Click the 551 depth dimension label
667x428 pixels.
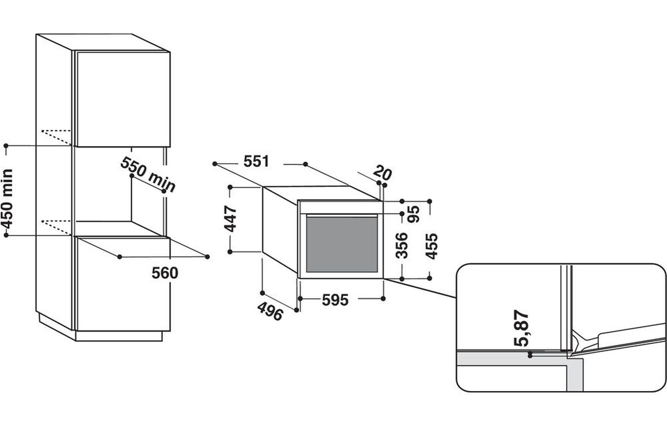click(256, 162)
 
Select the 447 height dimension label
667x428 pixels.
click(231, 219)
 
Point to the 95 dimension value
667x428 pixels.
click(414, 214)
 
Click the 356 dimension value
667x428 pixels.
click(403, 245)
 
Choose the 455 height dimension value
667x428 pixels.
click(431, 246)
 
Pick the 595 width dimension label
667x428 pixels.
click(335, 300)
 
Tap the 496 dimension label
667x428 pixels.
click(270, 311)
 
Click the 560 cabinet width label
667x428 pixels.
click(165, 273)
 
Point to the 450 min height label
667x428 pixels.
click(7, 196)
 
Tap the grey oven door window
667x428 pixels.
click(341, 244)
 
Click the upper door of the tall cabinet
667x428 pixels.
click(122, 98)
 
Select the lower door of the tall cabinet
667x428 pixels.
click(122, 284)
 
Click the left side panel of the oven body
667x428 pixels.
click(279, 231)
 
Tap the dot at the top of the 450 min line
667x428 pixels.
click(6, 146)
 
